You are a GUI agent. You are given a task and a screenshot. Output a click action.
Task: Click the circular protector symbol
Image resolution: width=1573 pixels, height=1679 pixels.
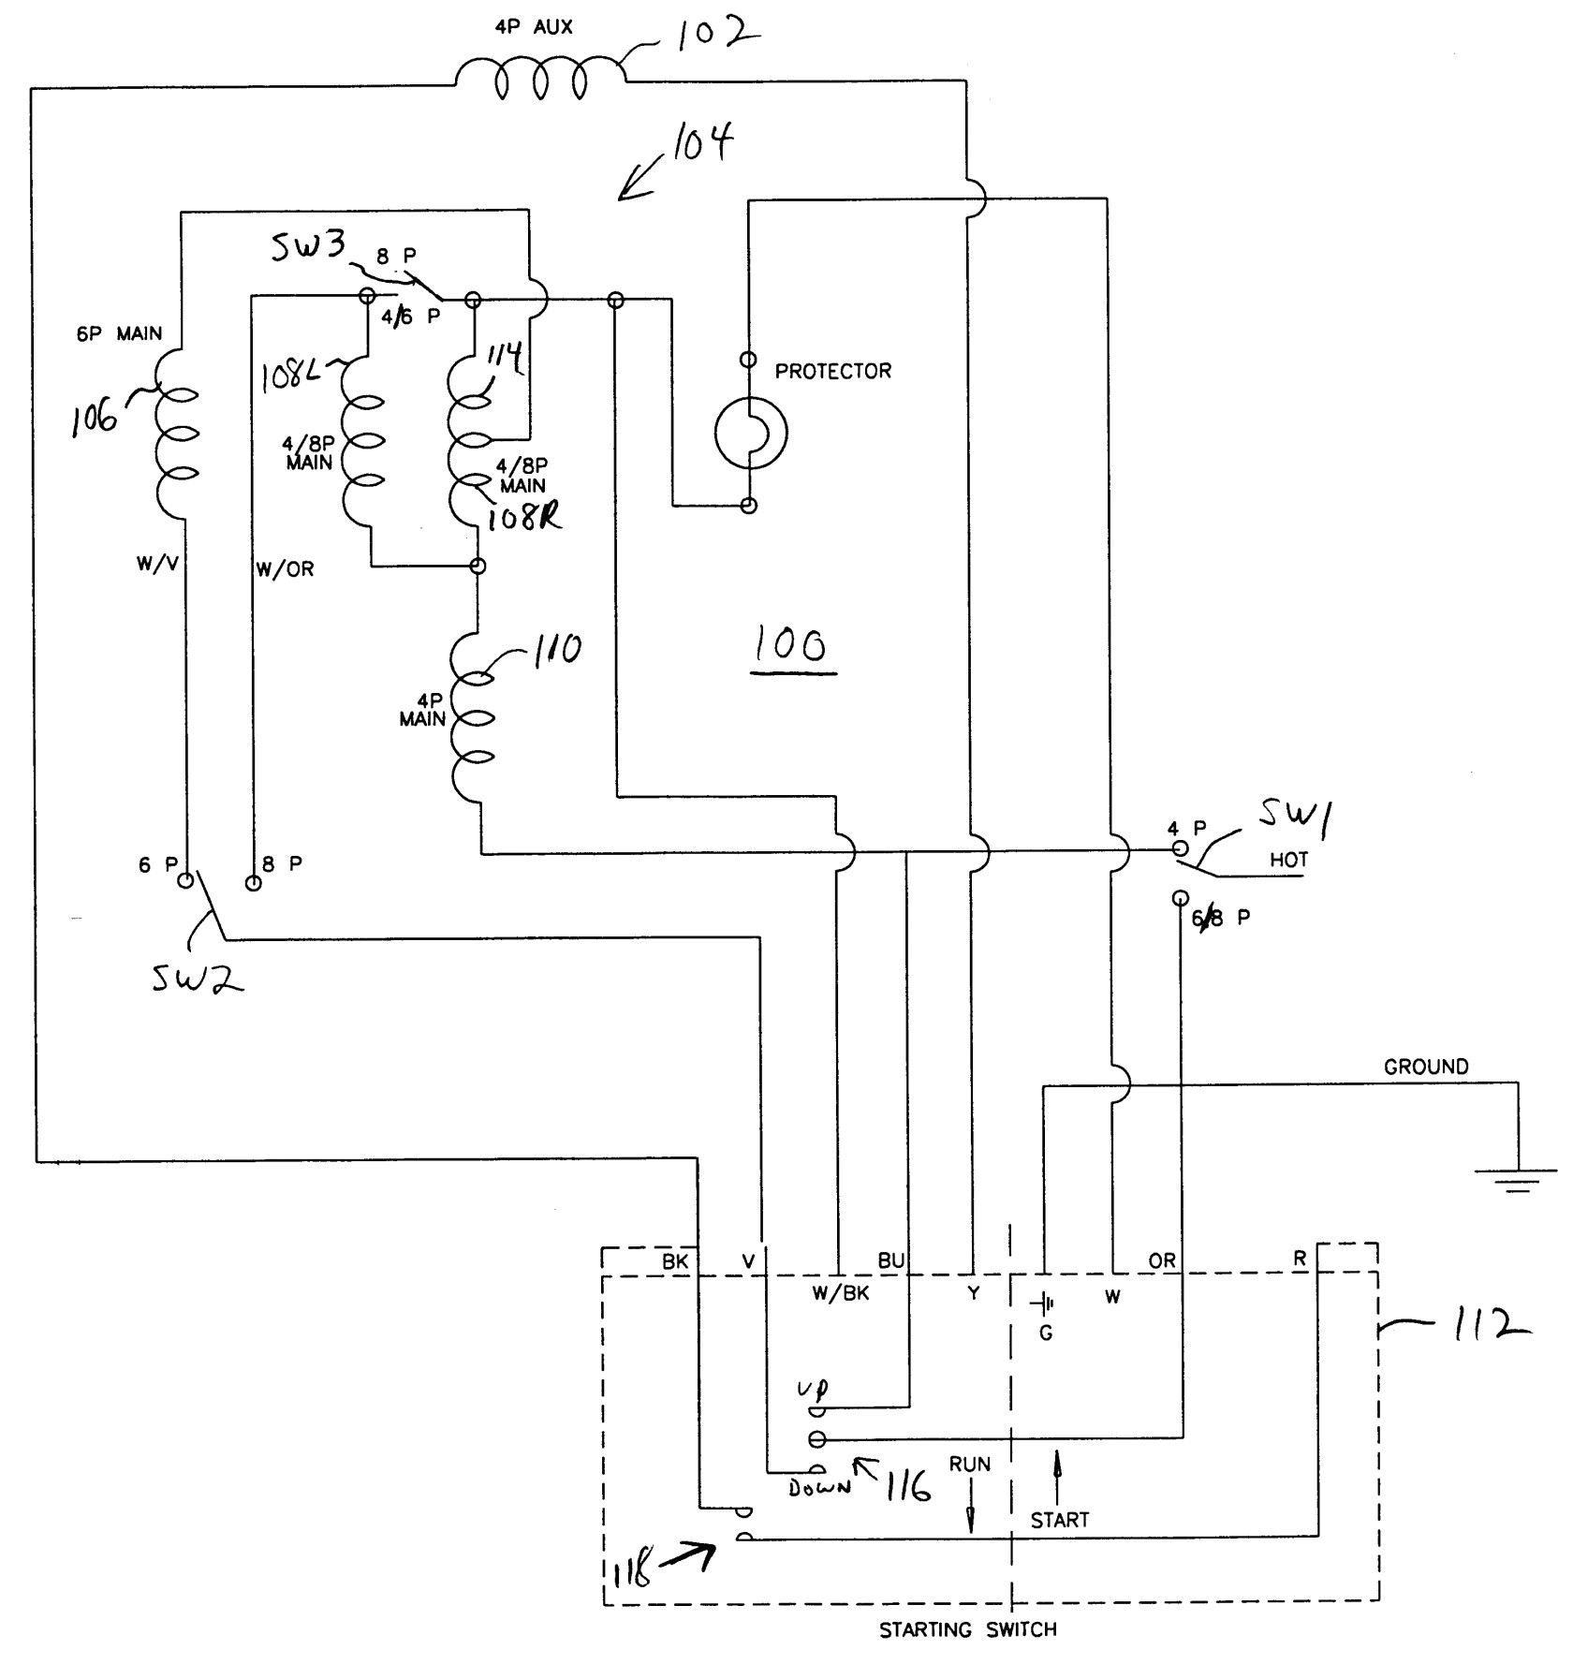click(750, 433)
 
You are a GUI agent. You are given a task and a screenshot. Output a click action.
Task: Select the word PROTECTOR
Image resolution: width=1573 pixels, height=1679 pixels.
click(832, 372)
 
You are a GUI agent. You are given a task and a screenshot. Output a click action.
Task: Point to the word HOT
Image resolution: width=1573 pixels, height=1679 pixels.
click(1288, 860)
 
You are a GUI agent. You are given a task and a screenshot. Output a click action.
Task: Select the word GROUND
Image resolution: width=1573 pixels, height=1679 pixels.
click(1426, 1067)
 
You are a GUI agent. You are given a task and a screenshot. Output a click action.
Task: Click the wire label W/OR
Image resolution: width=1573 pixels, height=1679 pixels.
click(285, 569)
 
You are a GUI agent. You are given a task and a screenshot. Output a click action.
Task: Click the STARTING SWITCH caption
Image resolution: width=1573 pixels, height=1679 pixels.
click(967, 1630)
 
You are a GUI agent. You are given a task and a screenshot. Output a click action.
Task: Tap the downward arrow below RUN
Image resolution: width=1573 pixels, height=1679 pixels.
click(970, 1512)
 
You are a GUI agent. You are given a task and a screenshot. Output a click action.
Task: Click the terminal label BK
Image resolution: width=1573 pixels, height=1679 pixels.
click(675, 1262)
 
